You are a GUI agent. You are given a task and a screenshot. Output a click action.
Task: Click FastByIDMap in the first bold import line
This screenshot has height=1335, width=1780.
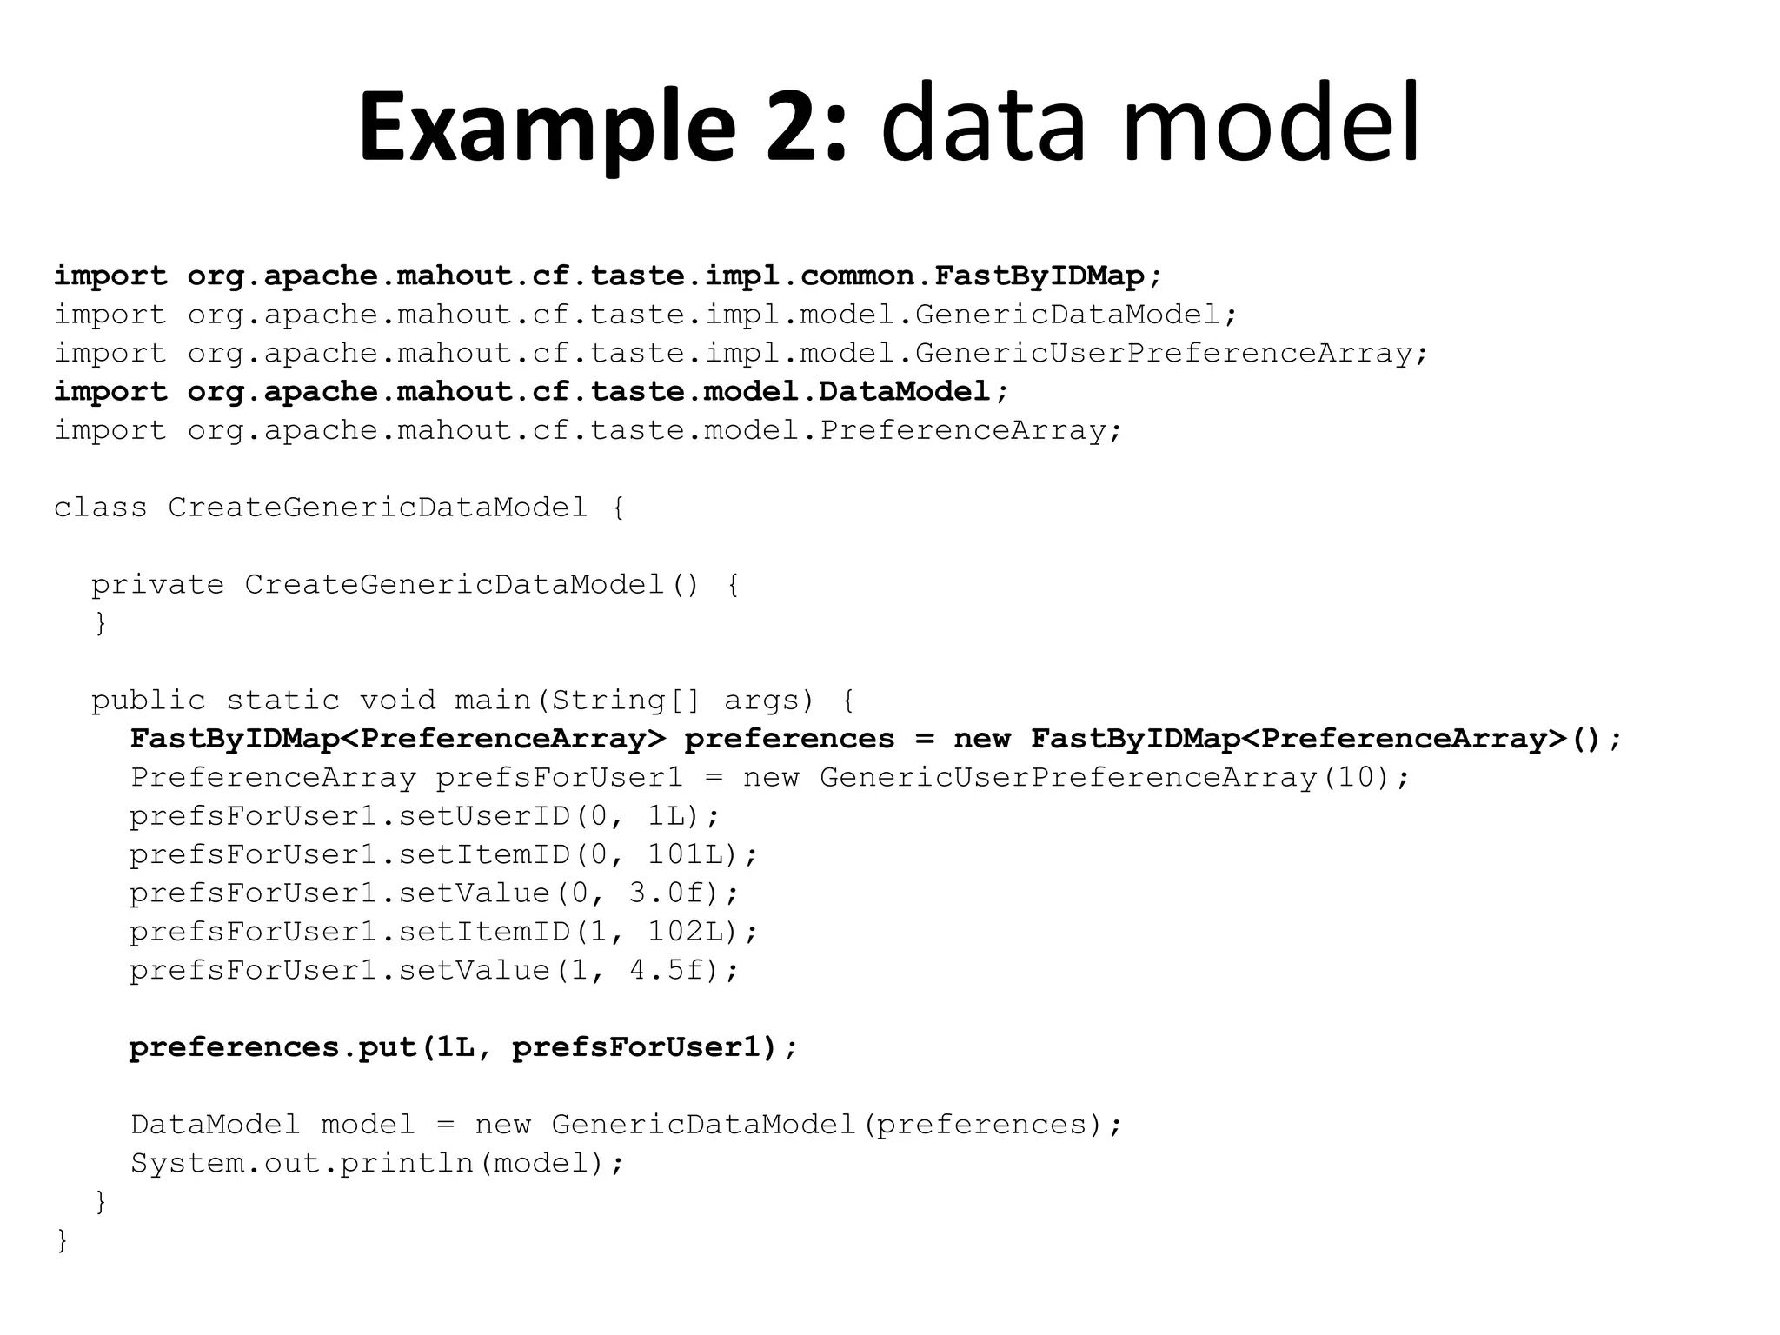1039,276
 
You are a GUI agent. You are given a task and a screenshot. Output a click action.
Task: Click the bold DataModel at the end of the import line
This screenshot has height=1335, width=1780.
904,392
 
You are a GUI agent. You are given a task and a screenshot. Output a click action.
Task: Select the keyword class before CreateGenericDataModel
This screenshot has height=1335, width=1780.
101,508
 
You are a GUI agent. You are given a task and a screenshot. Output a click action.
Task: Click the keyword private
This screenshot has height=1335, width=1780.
157,585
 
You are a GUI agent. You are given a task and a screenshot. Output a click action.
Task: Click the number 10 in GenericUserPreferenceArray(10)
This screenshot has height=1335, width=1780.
1357,777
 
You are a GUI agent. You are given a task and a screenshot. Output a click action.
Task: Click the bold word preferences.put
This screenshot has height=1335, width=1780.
273,1048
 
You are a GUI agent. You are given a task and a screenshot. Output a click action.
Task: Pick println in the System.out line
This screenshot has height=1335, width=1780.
406,1164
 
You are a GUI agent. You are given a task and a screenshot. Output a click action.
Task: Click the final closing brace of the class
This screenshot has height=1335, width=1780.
62,1240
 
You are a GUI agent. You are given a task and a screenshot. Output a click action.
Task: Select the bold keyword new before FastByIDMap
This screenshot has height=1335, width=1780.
982,739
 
